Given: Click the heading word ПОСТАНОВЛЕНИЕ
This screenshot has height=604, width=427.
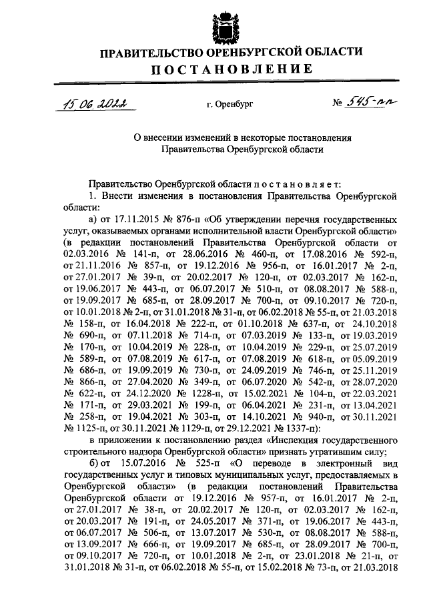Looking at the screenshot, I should click(232, 69).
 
